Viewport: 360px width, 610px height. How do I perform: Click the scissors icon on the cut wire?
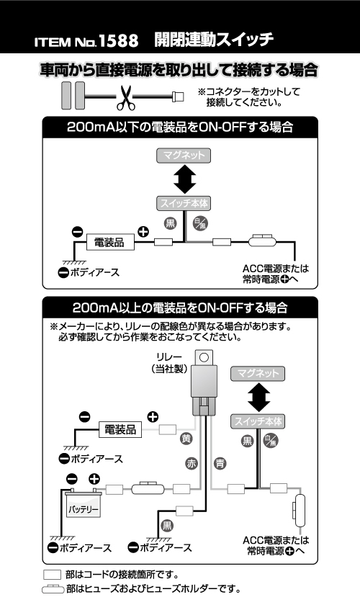[125, 98]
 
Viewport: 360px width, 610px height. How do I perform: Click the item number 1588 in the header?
[118, 41]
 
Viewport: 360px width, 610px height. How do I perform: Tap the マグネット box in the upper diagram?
[184, 156]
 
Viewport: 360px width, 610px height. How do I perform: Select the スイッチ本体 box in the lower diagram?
[257, 421]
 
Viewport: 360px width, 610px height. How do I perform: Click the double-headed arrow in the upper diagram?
[184, 179]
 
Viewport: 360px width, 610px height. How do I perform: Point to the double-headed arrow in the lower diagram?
[258, 398]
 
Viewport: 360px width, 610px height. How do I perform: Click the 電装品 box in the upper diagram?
[110, 243]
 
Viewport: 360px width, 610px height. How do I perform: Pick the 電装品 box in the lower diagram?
[120, 429]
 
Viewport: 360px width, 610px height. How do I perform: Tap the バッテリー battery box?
[83, 506]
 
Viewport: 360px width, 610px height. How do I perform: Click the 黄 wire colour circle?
[186, 439]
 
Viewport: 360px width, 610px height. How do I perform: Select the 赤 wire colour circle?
[192, 463]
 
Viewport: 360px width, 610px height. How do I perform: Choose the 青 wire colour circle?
[220, 463]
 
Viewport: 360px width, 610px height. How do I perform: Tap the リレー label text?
[169, 356]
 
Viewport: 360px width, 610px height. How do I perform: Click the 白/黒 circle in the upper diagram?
[201, 223]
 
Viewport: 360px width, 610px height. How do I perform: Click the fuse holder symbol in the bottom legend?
[53, 589]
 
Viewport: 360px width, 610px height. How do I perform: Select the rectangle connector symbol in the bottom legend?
[52, 575]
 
